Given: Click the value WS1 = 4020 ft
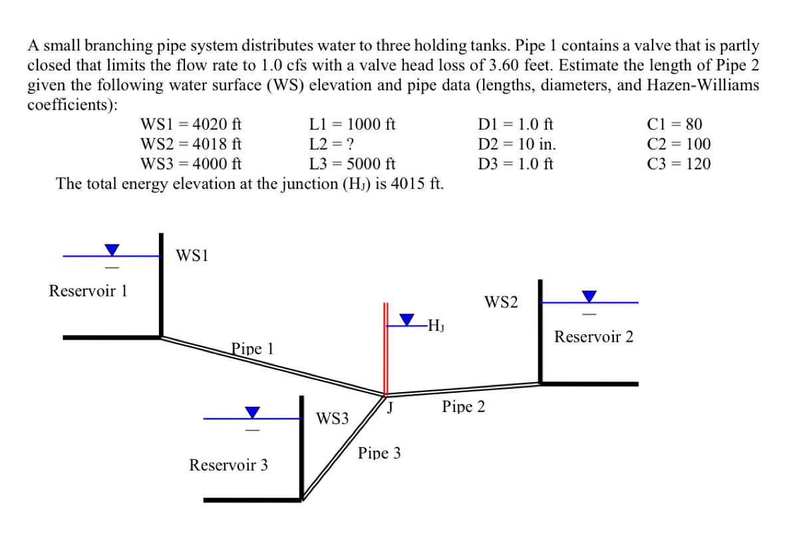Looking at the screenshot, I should coord(191,124).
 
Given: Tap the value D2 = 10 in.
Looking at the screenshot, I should coord(518,144).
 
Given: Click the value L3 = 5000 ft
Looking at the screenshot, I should coord(353,163).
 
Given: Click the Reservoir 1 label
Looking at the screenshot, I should coord(88,290).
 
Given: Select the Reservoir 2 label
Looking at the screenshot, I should coord(593,337).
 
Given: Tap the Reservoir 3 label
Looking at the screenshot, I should coord(229,465).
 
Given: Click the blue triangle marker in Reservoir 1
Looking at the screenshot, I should coord(112,249).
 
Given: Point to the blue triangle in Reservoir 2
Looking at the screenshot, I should coord(589,296).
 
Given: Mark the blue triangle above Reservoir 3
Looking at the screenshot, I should coord(252,412).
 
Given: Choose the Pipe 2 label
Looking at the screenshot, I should coord(463,406).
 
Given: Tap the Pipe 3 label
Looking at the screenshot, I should coord(379,453).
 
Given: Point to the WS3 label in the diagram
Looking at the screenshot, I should coord(332,418).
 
